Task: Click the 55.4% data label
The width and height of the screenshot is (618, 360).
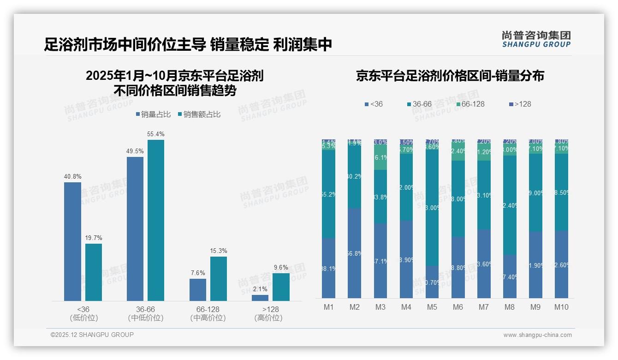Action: tap(155, 134)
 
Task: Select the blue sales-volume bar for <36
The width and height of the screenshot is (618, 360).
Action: tap(72, 241)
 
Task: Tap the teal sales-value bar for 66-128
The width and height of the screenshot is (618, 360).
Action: tap(219, 279)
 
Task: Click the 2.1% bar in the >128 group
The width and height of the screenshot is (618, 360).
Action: tap(260, 298)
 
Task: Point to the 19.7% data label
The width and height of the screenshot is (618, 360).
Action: tap(93, 238)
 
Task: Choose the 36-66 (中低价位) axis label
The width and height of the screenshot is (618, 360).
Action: tap(145, 313)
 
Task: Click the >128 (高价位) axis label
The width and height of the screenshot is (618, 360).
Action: tap(268, 313)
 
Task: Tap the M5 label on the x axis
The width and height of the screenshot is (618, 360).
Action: tap(432, 307)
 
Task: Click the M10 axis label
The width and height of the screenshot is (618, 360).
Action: tap(561, 307)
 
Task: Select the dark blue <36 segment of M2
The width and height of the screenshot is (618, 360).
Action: tap(354, 253)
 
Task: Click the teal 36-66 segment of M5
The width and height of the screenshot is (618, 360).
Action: tap(432, 208)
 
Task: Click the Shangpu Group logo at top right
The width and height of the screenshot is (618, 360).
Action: tap(536, 39)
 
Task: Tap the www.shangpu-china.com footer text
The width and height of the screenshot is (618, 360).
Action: tap(537, 335)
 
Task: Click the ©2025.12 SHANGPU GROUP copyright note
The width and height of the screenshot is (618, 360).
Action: tap(92, 335)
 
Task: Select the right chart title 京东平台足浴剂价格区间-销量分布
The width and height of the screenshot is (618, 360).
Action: tap(450, 76)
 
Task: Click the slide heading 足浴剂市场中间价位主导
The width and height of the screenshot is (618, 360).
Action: tap(125, 45)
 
